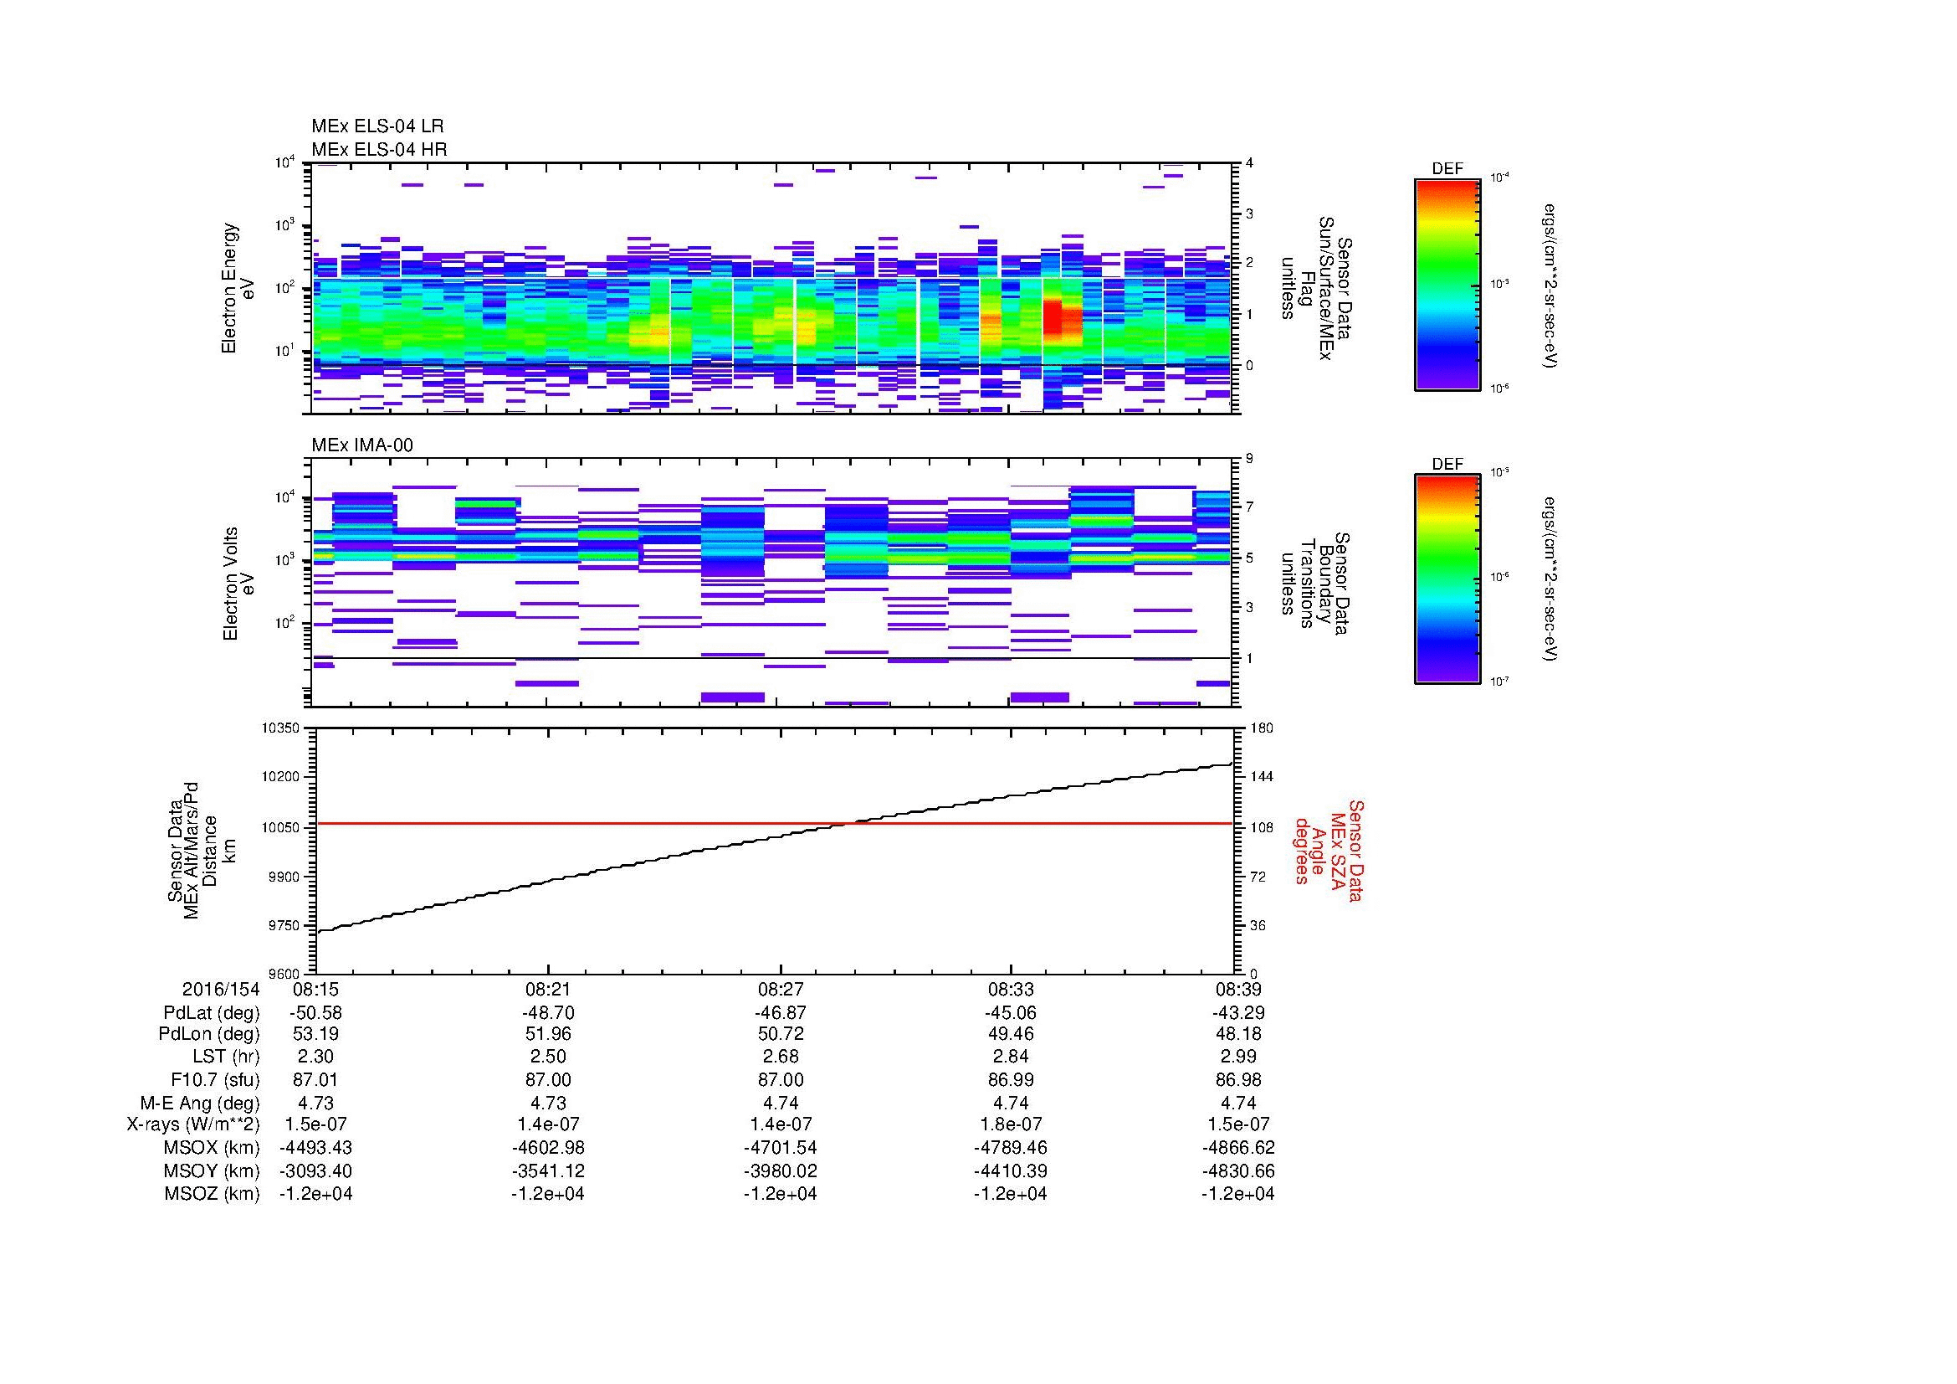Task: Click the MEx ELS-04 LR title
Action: [x=377, y=126]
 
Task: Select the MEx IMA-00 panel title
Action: [x=362, y=445]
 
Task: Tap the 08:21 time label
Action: [x=547, y=989]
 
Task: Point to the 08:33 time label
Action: [x=1010, y=989]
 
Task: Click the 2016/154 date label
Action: [x=220, y=989]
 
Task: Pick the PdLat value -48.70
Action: [x=547, y=1013]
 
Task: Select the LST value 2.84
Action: [x=1010, y=1057]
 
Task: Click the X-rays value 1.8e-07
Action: [x=1010, y=1124]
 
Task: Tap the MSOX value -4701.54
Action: [x=780, y=1148]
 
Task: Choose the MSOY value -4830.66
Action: [x=1238, y=1170]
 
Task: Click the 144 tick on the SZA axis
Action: [x=1262, y=777]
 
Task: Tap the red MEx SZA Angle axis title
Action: [x=1329, y=850]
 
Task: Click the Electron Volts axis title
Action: [x=238, y=584]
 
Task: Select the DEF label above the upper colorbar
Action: [x=1447, y=169]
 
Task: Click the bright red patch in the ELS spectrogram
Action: [x=1053, y=318]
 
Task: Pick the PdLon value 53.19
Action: [x=315, y=1034]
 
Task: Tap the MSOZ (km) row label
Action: [x=212, y=1194]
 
